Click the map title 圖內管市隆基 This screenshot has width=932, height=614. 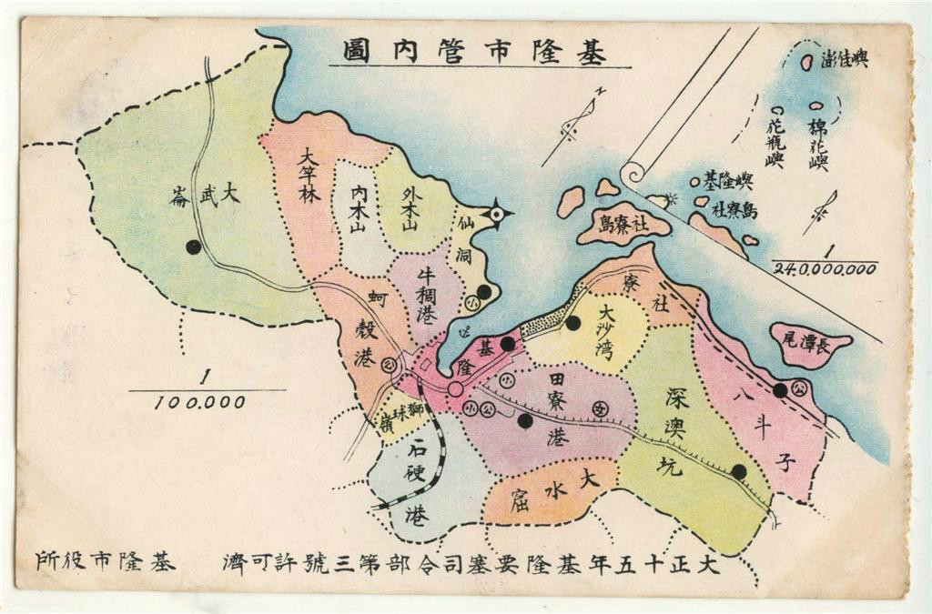473,51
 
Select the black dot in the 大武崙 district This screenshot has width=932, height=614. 193,247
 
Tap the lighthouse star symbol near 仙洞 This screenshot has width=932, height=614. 496,215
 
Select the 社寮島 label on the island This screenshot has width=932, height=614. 623,224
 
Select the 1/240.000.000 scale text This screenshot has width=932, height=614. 825,261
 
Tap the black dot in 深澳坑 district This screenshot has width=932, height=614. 739,471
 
